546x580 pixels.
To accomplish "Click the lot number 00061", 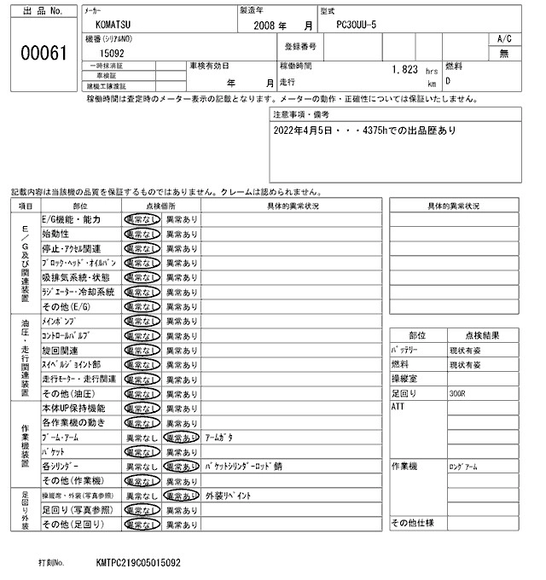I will point(43,54).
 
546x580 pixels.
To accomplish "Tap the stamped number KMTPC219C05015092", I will point(138,564).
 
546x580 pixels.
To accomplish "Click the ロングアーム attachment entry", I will point(465,467).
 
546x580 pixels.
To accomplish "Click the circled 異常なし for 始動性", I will point(142,234).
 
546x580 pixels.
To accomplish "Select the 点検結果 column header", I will point(483,335).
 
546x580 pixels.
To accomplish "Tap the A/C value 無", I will point(503,53).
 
